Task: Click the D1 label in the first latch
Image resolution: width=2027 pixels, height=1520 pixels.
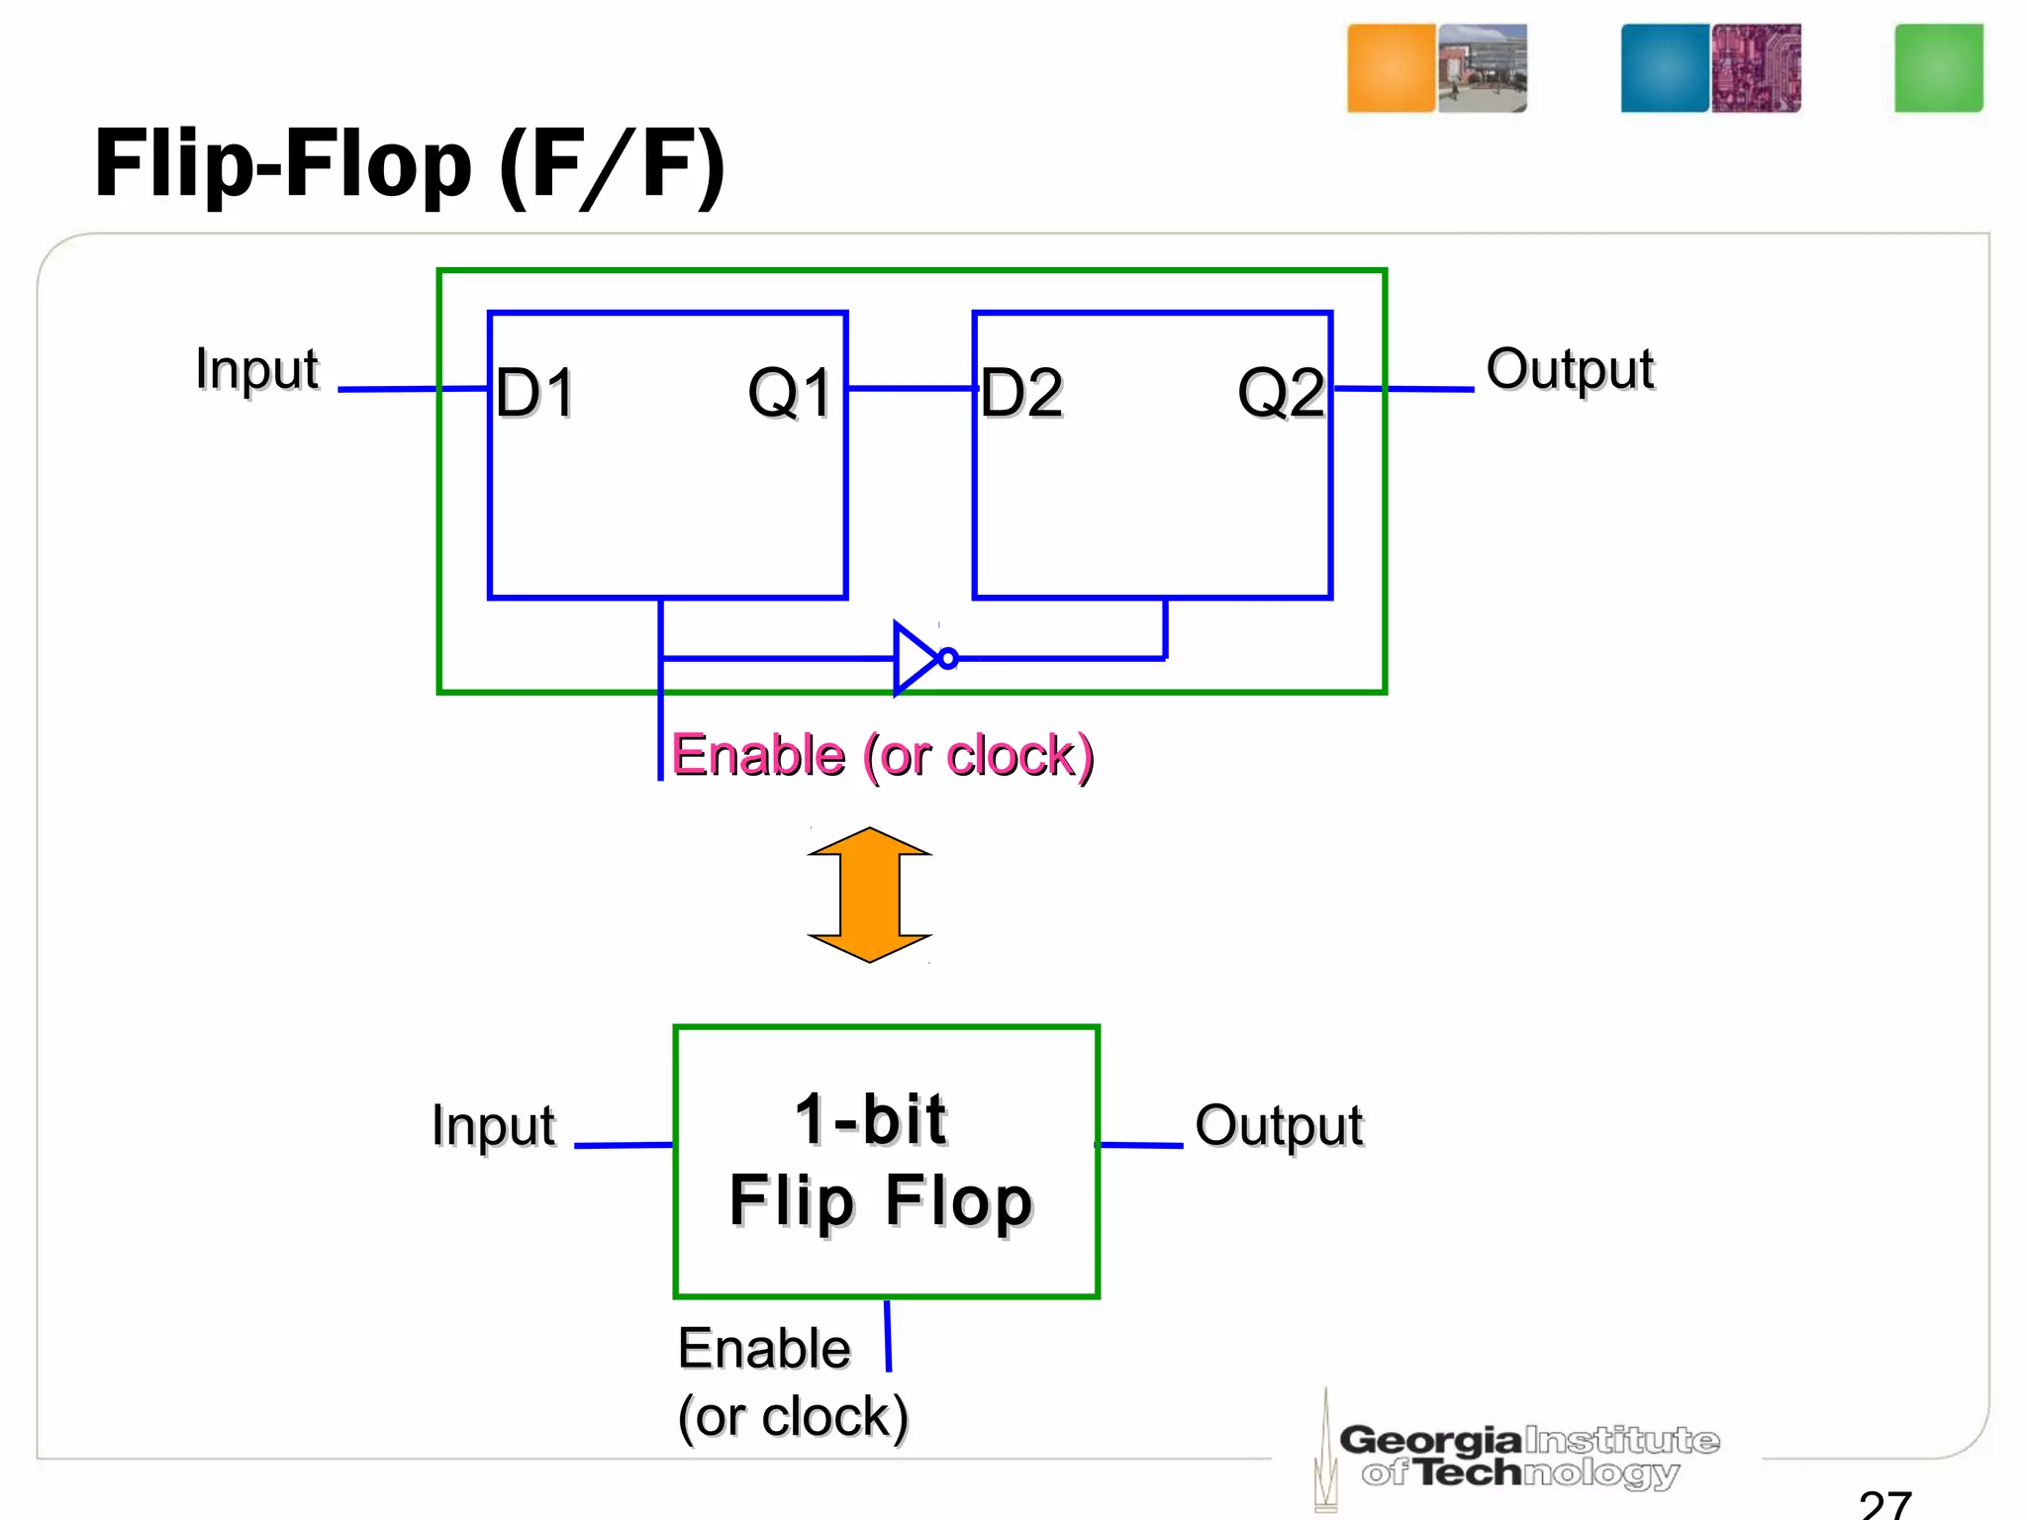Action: tap(535, 393)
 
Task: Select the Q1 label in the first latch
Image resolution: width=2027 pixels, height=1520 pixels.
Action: tap(790, 393)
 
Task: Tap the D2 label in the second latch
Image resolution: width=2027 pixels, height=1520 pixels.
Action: tap(1021, 393)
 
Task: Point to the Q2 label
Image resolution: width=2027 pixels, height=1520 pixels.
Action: tap(1281, 393)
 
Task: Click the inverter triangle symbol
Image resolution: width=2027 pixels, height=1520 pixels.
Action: tap(914, 658)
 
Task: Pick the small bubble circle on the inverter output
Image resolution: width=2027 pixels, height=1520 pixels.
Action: tap(948, 658)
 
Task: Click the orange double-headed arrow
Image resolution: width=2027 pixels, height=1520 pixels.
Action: tap(869, 895)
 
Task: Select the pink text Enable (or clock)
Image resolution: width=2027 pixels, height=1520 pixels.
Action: tap(882, 756)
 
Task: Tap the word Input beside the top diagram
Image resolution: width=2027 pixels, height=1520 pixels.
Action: tap(257, 370)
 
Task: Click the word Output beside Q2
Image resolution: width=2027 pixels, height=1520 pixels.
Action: tap(1569, 370)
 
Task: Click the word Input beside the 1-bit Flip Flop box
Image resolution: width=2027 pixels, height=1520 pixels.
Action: tap(493, 1126)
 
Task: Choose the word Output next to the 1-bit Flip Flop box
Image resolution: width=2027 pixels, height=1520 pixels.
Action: tap(1278, 1126)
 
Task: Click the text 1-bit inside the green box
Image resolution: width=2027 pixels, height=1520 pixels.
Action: tap(871, 1120)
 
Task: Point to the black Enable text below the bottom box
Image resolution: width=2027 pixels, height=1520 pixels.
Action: tap(764, 1349)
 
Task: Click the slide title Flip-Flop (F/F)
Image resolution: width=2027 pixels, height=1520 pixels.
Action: tap(410, 165)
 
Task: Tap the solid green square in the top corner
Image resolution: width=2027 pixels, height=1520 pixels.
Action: tap(1938, 68)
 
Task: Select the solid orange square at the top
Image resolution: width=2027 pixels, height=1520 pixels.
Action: tap(1391, 68)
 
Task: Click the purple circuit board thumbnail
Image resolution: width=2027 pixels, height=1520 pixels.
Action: tap(1756, 68)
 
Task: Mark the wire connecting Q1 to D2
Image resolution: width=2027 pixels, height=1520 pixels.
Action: tap(911, 389)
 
